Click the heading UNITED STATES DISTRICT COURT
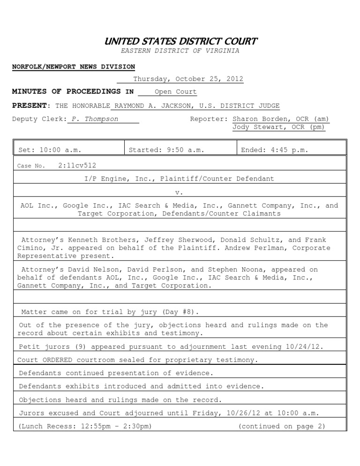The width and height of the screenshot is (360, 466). click(180, 41)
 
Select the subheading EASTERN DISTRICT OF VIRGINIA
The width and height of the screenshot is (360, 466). click(180, 51)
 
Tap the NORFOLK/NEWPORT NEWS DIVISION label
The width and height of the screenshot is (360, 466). click(74, 67)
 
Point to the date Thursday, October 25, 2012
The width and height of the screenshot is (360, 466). click(188, 79)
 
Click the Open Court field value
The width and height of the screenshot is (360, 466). click(175, 92)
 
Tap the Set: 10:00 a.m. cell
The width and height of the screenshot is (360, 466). click(50, 150)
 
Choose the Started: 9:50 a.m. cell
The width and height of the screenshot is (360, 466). click(166, 150)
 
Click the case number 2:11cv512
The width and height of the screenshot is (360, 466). click(77, 165)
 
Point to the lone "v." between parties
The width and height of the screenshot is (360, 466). click(179, 192)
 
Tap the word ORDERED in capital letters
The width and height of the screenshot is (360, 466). click(63, 360)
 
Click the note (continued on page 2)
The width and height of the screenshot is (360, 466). click(281, 426)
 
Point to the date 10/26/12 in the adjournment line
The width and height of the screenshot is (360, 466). click(252, 413)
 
